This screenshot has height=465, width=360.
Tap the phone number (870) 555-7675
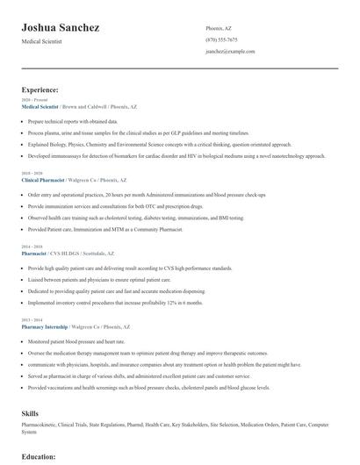click(221, 39)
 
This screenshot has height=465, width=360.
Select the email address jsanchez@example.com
click(230, 52)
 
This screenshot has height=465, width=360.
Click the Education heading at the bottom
click(39, 456)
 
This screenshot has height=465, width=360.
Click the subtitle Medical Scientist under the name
click(43, 42)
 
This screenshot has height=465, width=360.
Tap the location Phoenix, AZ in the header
click(219, 27)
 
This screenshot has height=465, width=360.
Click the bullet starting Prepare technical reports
click(72, 121)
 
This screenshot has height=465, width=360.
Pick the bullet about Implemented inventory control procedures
click(115, 302)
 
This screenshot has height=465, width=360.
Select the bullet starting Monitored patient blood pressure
click(76, 340)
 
